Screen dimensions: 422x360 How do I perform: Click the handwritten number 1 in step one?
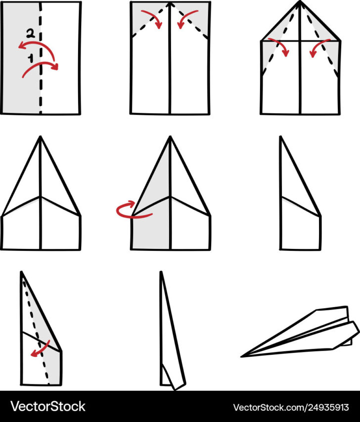(x=30, y=58)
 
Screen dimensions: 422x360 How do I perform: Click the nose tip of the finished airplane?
(x=243, y=356)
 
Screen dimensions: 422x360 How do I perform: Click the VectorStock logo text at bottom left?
(x=48, y=407)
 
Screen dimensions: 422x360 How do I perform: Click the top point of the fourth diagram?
(x=41, y=137)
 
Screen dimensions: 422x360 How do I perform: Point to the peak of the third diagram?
(x=300, y=2)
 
